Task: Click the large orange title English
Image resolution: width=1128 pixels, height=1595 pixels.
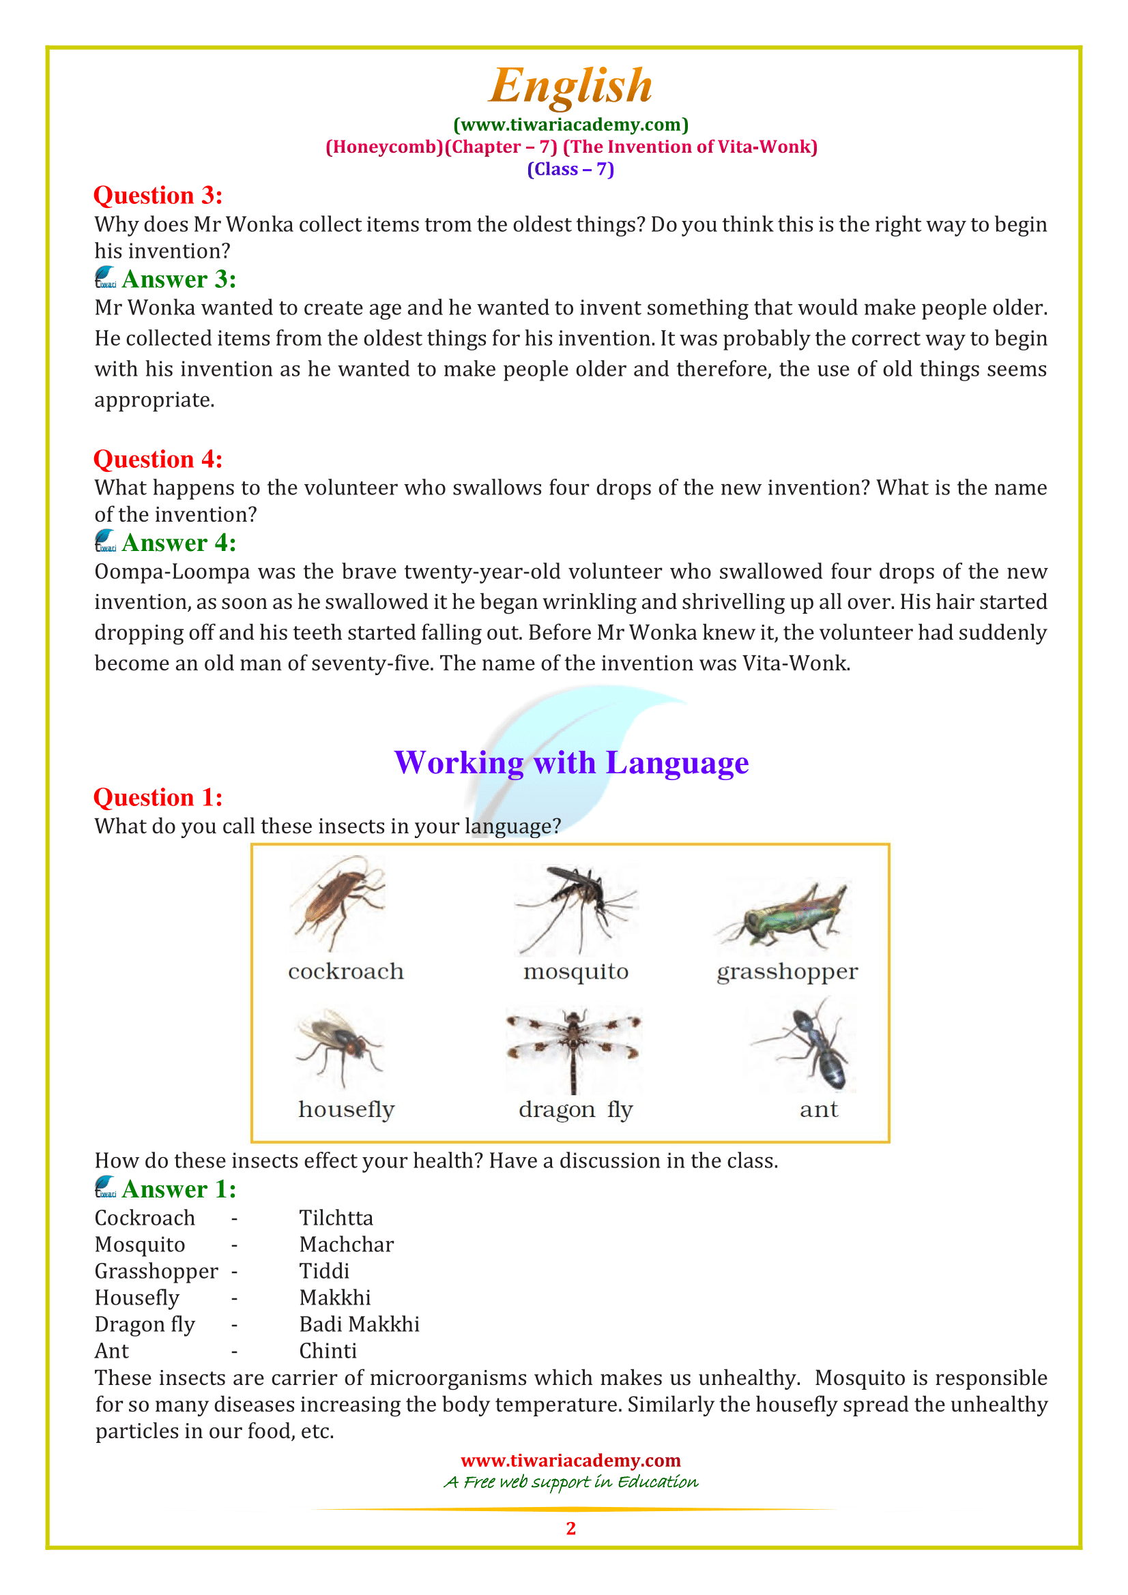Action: tap(570, 86)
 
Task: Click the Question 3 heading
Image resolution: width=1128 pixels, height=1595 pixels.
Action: tap(158, 196)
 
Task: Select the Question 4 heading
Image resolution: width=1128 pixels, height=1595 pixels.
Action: tap(158, 459)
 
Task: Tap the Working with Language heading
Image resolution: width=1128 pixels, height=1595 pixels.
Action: tap(570, 763)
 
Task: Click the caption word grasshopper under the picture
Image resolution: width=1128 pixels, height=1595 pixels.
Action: tap(787, 972)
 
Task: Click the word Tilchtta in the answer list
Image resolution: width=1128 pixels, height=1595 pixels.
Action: tap(336, 1218)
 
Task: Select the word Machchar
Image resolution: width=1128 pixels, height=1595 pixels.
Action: tap(346, 1244)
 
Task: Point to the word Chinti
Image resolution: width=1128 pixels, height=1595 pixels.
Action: tap(328, 1350)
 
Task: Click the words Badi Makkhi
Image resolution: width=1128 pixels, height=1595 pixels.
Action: tap(359, 1324)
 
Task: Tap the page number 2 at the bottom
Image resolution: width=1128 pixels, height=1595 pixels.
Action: tap(570, 1528)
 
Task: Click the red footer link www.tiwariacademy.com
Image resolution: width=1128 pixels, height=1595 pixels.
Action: tap(570, 1460)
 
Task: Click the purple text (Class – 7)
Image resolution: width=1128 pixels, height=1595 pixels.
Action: tap(570, 170)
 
